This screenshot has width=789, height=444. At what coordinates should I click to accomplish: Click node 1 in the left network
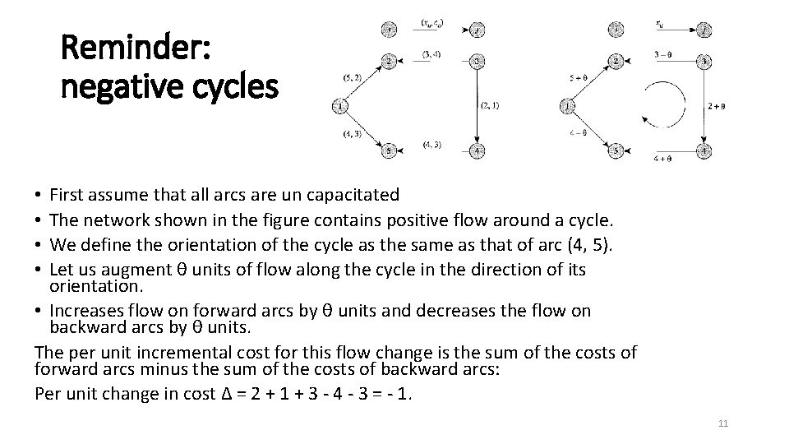(x=339, y=105)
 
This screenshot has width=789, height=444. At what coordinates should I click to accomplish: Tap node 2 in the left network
(x=390, y=62)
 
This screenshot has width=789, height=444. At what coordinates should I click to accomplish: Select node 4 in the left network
(x=477, y=150)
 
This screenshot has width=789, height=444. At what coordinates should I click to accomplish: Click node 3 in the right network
(x=704, y=62)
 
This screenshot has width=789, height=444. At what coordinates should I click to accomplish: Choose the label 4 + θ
(x=665, y=158)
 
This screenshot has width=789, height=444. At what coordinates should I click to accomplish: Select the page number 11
(x=723, y=423)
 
